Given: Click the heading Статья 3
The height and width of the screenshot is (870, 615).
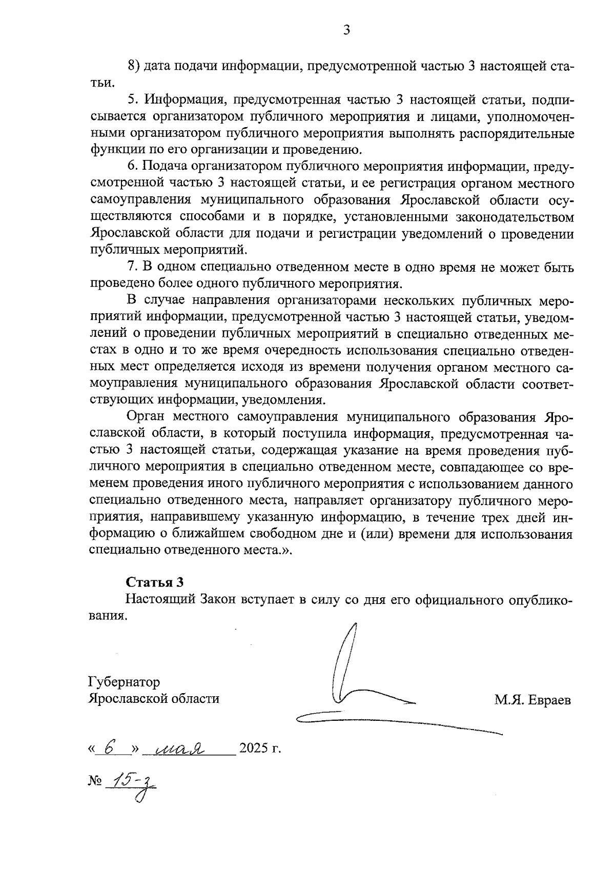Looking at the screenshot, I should point(154,582).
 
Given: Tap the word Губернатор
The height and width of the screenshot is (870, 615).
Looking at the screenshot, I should point(124,682).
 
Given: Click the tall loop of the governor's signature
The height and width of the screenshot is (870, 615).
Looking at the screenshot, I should point(344,661).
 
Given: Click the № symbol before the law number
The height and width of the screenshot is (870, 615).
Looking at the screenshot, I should point(94,781).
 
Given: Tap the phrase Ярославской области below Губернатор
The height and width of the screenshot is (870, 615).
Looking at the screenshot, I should point(154,699).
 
